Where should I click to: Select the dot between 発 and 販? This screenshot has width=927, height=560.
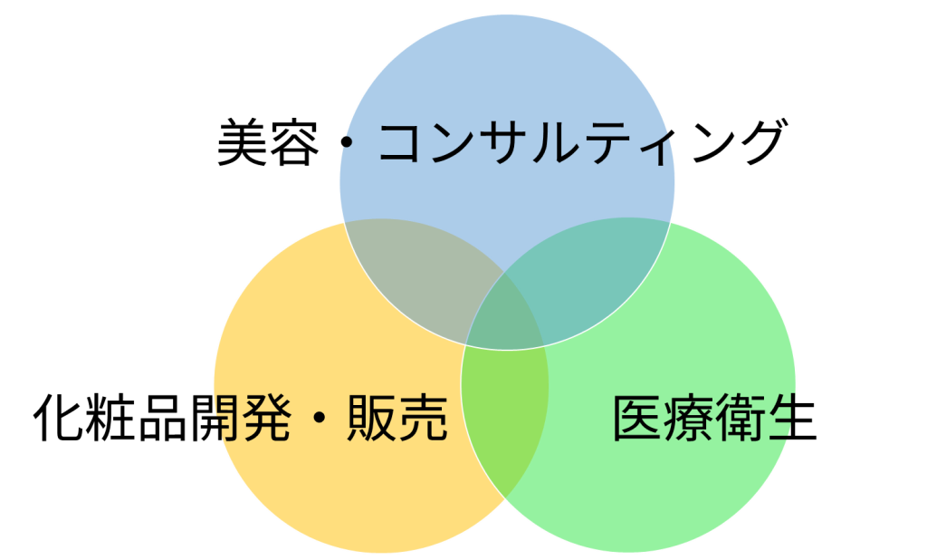point(319,419)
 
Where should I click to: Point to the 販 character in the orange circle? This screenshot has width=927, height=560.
point(372,418)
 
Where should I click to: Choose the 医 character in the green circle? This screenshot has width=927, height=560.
point(638,418)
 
